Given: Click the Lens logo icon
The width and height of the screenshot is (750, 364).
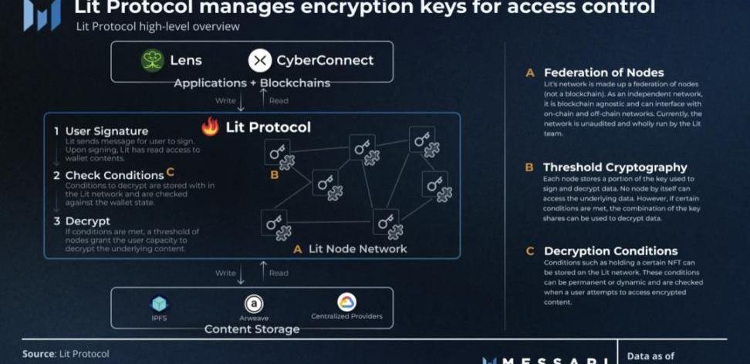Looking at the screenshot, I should tap(153, 60).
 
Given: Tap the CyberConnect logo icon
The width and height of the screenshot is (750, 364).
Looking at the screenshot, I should tap(260, 60).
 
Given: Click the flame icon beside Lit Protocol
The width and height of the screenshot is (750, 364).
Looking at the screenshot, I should tap(210, 126).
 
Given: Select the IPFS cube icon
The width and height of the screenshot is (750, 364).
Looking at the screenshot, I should tap(159, 303).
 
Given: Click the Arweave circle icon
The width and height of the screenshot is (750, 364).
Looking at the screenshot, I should tap(253, 304).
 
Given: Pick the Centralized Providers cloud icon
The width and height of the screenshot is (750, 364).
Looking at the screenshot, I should tap(346, 302).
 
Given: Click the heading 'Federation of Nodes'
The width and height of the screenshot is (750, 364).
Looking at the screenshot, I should tap(604, 72).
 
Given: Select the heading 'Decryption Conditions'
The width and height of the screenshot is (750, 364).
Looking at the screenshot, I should tap(610, 251).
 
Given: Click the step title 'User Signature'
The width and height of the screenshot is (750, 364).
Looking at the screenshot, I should tap(106, 131).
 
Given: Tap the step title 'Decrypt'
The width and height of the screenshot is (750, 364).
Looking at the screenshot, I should tap(87, 221).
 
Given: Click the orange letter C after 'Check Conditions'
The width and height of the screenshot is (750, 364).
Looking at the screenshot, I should tap(171, 173).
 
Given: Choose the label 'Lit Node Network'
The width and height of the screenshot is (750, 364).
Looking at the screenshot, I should tap(357, 249).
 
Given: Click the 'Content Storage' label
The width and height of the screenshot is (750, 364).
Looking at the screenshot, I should tap(252, 329).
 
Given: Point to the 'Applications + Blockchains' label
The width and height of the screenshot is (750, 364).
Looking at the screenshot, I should tap(252, 83).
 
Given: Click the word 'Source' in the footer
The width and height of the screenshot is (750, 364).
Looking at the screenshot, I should tap(39, 354).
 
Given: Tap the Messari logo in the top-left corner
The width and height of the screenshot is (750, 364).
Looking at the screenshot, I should tap(41, 14).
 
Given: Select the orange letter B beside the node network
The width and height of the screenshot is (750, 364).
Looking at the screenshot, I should tap(274, 175).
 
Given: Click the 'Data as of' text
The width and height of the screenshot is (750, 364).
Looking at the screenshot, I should tap(652, 356).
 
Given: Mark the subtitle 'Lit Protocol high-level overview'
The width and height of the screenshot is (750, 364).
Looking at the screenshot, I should tap(157, 27).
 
